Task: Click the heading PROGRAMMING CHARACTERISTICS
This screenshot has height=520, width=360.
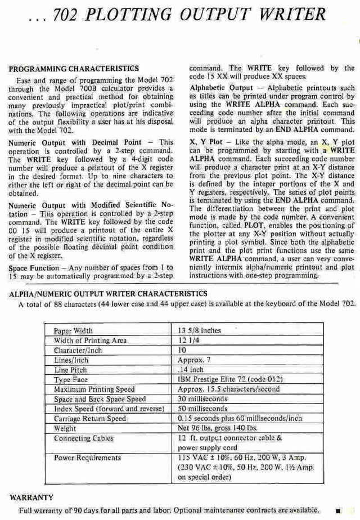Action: [74, 69]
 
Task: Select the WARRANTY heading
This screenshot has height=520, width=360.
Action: [31, 497]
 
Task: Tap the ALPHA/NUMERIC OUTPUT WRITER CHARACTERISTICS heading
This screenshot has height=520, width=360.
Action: [109, 294]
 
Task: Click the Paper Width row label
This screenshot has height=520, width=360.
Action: [73, 331]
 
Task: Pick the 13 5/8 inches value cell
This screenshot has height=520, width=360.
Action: [199, 331]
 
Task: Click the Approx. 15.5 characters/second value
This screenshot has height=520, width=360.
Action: [228, 389]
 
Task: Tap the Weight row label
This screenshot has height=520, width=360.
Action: [65, 428]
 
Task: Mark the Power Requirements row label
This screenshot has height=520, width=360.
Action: [87, 458]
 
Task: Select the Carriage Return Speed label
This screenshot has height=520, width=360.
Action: [90, 419]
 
